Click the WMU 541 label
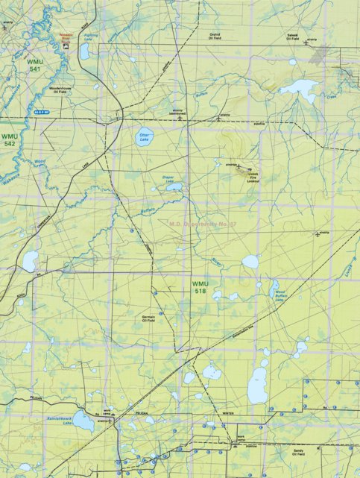[x=34, y=64]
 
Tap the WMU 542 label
[x=10, y=139]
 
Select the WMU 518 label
[x=200, y=287]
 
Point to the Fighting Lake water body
[x=84, y=51]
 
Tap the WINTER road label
[x=227, y=412]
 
